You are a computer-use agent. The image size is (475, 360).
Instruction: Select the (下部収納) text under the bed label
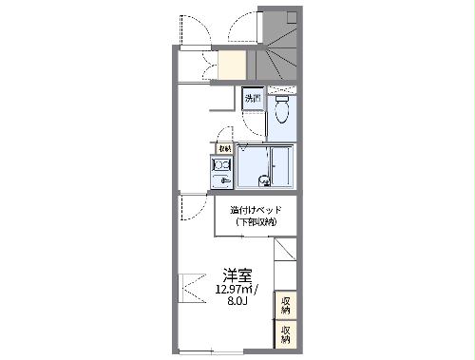(x=256, y=222)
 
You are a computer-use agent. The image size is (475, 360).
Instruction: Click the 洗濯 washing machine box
(x=253, y=99)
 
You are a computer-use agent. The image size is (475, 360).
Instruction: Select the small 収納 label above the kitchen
(x=224, y=148)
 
